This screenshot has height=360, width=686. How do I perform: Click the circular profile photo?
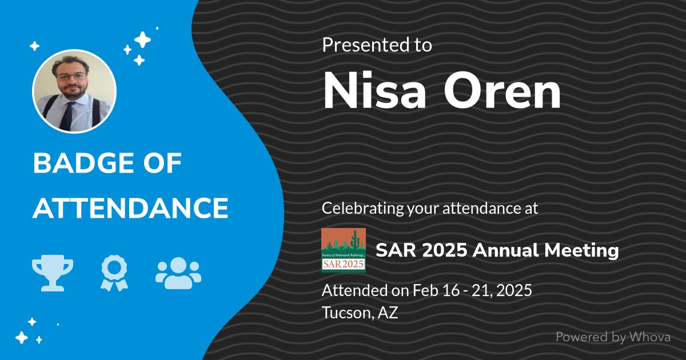tap(74, 91)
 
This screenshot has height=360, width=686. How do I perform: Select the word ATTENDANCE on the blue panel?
tap(130, 208)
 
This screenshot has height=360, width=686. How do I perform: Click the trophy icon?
tap(53, 271)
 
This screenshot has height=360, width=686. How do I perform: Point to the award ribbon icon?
tap(114, 271)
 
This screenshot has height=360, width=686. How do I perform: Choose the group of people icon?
tap(178, 271)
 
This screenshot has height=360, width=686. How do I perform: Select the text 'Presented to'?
tap(377, 45)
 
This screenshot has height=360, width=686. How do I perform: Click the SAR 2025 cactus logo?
tap(343, 250)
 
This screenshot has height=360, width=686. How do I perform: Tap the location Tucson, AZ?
tap(360, 313)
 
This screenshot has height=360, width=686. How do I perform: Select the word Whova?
tap(649, 337)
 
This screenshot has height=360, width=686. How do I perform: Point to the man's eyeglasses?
tap(71, 76)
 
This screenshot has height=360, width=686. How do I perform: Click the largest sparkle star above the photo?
tap(142, 40)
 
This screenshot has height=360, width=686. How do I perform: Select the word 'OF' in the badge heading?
tap(163, 165)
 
